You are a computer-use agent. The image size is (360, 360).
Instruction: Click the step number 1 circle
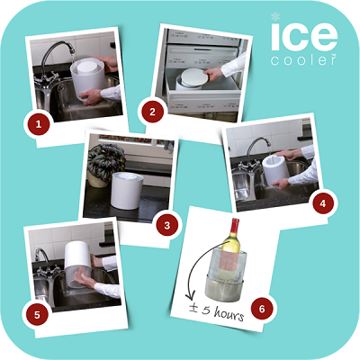coord(39,124)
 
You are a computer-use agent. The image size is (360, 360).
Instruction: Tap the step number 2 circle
coord(152,112)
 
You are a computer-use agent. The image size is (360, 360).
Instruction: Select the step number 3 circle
coord(167,225)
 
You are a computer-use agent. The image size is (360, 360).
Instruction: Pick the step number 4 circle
coord(323,203)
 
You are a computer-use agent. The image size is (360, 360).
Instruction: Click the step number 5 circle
coord(37,315)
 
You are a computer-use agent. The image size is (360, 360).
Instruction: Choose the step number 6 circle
coord(262,309)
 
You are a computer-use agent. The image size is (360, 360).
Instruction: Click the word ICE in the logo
coord(304,36)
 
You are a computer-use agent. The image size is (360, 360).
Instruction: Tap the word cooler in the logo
coord(303,59)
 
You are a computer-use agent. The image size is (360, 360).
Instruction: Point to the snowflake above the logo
coord(275,16)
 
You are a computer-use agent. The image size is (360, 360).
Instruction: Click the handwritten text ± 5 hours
coord(217,311)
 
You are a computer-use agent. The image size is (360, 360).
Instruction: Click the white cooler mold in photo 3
coord(127,191)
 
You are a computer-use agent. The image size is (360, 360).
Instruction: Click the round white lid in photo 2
coord(193,76)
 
